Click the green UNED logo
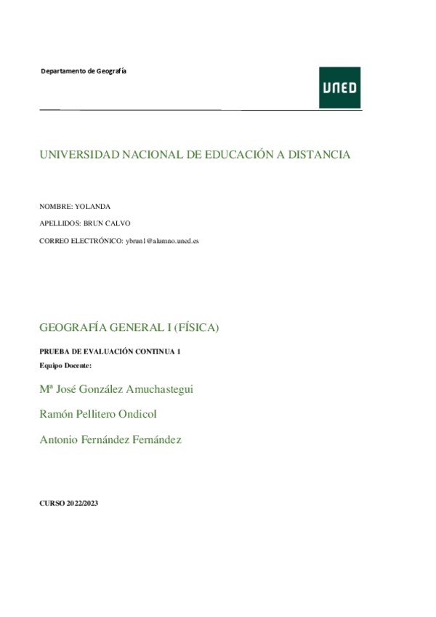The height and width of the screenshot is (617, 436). (339, 87)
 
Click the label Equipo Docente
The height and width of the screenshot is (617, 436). (66, 365)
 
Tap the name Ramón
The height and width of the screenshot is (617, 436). (56, 414)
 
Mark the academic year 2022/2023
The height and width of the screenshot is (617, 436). (80, 503)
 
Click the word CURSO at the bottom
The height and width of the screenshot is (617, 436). (50, 503)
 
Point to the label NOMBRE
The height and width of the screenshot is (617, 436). (55, 206)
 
